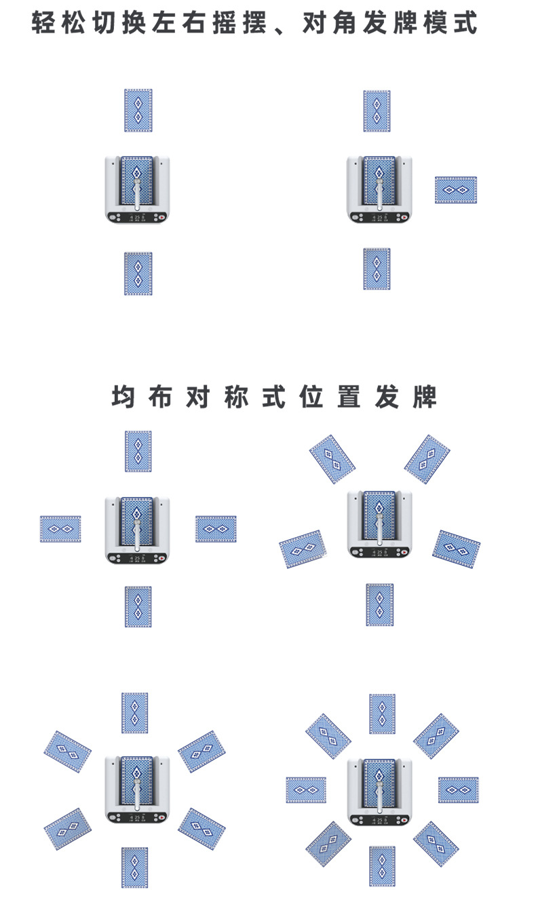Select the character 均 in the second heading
click(123, 397)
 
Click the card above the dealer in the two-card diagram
click(138, 110)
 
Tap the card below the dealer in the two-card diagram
click(138, 273)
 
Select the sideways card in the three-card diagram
click(455, 190)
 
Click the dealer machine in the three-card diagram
click(379, 189)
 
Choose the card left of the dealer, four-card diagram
click(60, 529)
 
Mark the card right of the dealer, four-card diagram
click(216, 529)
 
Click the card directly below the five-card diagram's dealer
click(379, 604)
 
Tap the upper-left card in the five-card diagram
click(332, 459)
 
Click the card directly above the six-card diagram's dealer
click(134, 713)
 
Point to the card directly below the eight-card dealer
click(382, 865)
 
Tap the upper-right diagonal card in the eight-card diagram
click(436, 736)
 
